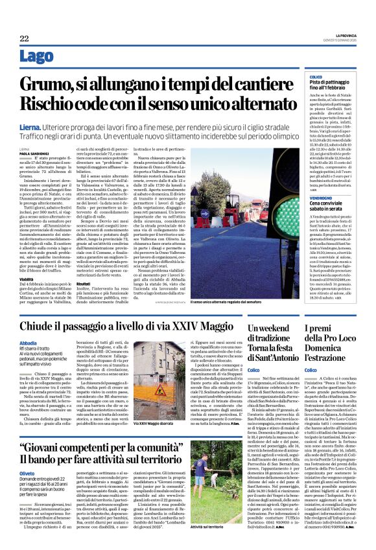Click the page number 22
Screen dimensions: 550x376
coord(24,39)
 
